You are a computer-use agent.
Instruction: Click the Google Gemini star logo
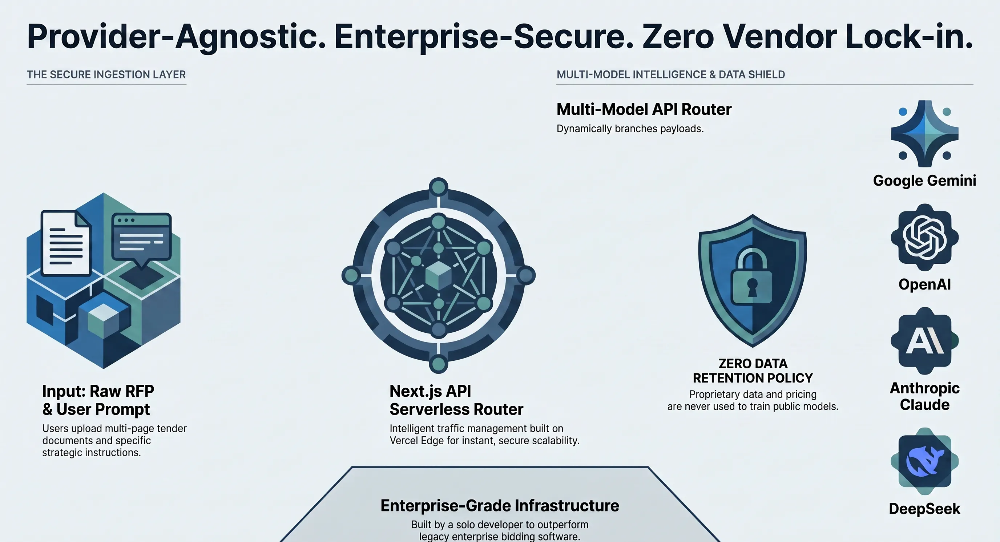click(925, 134)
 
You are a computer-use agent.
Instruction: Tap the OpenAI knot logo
click(925, 237)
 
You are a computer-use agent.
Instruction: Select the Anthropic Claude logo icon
click(925, 341)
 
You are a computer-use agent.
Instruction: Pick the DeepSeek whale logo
click(925, 461)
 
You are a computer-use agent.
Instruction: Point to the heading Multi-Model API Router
click(644, 109)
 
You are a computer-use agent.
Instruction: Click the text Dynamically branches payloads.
click(630, 129)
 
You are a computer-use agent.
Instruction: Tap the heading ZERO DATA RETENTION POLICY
click(753, 371)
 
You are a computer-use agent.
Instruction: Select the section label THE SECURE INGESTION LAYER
click(106, 74)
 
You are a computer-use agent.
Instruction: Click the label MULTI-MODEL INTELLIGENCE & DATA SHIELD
click(671, 74)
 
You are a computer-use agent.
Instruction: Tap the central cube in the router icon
click(438, 275)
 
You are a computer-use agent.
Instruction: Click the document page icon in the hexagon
click(66, 243)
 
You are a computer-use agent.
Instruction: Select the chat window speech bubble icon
click(141, 240)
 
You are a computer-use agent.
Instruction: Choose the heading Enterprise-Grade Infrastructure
click(500, 506)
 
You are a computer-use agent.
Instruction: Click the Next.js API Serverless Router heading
click(456, 400)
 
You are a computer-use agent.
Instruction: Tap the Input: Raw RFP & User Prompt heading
click(98, 400)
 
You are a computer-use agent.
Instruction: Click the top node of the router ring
click(439, 187)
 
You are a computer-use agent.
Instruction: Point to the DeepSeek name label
click(925, 509)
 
